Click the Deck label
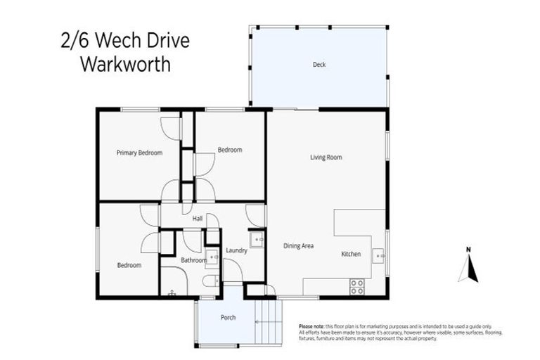(x=319, y=65)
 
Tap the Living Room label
(x=326, y=157)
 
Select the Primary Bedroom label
(x=139, y=153)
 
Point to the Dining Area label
(x=298, y=246)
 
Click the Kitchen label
(x=351, y=254)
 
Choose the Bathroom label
(x=193, y=260)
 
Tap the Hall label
(x=198, y=219)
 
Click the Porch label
(x=228, y=318)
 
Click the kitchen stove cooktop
(x=356, y=287)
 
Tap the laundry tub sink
(x=257, y=240)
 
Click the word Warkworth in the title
(x=125, y=65)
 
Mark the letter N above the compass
(x=468, y=249)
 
